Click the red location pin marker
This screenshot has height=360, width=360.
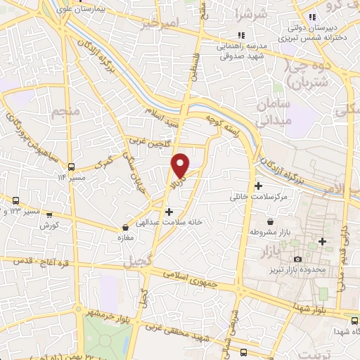181,165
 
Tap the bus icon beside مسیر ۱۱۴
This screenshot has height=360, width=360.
71,167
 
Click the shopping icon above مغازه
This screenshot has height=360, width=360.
125,228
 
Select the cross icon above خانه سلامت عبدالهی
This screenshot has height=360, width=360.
169,211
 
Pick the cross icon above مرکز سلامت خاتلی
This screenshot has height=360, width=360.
259,186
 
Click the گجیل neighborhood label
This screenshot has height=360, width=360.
137,263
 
